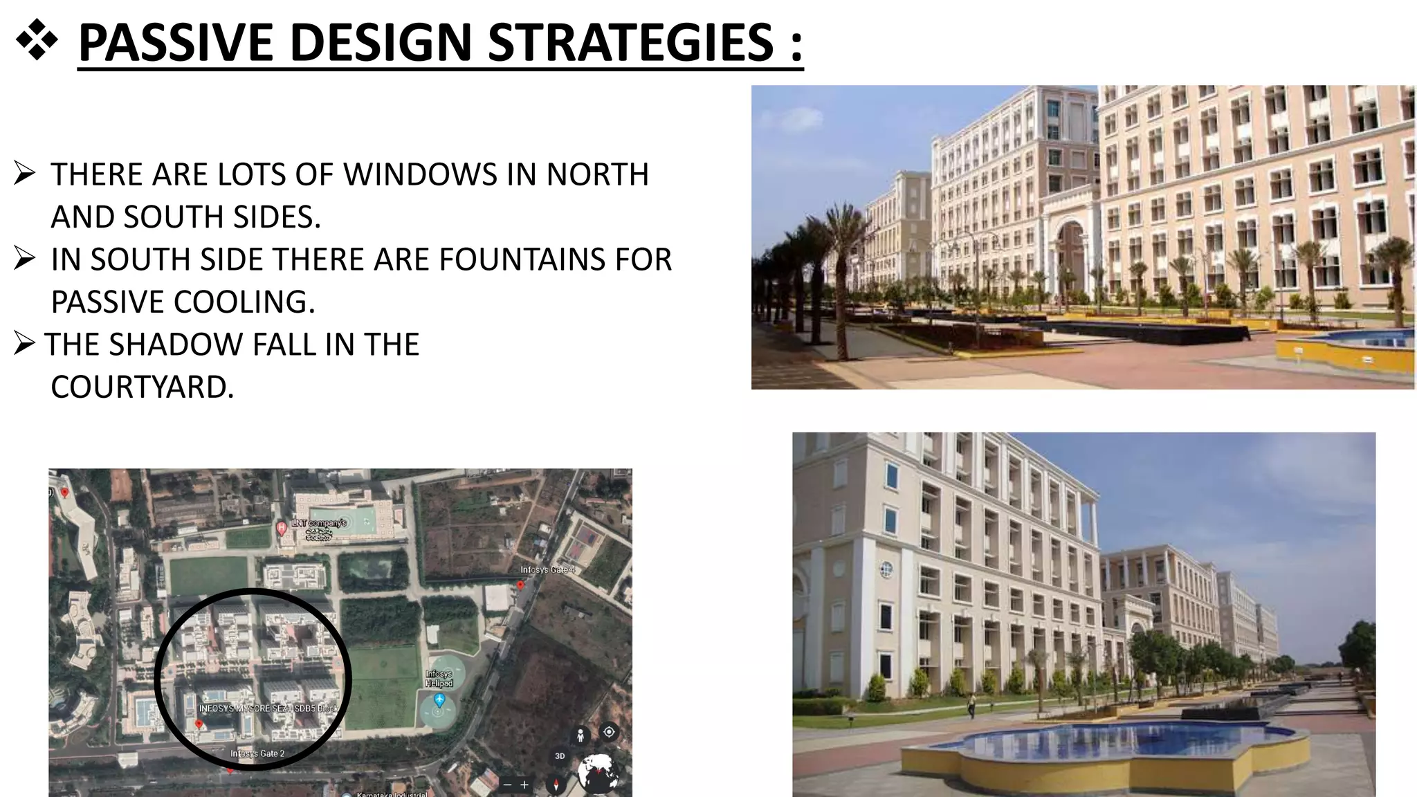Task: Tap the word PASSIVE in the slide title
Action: (176, 43)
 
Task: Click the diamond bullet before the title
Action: (36, 42)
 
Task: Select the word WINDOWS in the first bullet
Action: (420, 174)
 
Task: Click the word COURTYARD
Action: (142, 387)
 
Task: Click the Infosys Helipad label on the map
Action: (439, 678)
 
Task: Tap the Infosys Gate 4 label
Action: (547, 570)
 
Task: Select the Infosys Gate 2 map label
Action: (257, 753)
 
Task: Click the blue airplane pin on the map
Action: (439, 700)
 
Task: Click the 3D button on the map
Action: (560, 756)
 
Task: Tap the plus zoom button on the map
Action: (524, 785)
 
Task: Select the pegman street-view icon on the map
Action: (580, 735)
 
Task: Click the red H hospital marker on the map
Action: (282, 529)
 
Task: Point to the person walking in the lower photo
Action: (971, 705)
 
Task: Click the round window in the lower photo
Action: (886, 569)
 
